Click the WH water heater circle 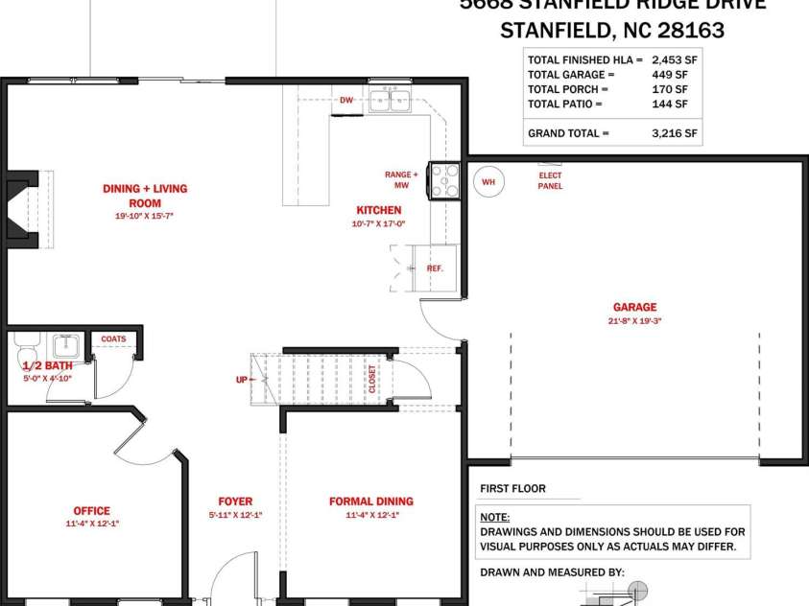pyautogui.click(x=488, y=181)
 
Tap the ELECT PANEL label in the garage pyautogui.click(x=550, y=180)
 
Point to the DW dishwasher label pyautogui.click(x=346, y=100)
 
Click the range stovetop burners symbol pyautogui.click(x=445, y=179)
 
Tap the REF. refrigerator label pyautogui.click(x=435, y=268)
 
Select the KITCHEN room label pyautogui.click(x=379, y=210)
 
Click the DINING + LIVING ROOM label pyautogui.click(x=145, y=196)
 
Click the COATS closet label pyautogui.click(x=113, y=338)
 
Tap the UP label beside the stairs pyautogui.click(x=241, y=380)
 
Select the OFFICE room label pyautogui.click(x=92, y=511)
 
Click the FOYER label pyautogui.click(x=235, y=501)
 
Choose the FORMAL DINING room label pyautogui.click(x=370, y=501)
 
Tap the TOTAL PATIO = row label pyautogui.click(x=565, y=104)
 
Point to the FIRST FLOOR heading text pyautogui.click(x=512, y=489)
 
